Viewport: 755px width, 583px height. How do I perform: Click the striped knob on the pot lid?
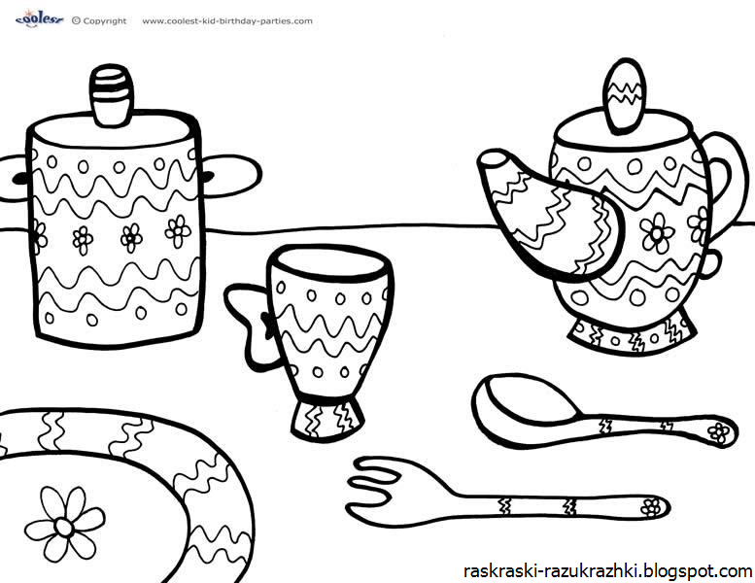(112, 95)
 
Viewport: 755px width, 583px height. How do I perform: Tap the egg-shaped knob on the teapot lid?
(624, 96)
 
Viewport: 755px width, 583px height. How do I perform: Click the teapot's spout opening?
(493, 159)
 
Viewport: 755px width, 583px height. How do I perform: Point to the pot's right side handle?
(233, 176)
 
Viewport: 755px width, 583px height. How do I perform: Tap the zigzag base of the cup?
(327, 418)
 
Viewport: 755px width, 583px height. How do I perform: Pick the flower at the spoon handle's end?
(718, 432)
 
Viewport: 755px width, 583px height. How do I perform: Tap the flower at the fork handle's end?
(651, 506)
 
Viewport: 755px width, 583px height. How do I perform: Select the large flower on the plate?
(64, 524)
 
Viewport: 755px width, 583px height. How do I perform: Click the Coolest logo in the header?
(39, 18)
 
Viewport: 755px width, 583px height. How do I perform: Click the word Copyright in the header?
(105, 21)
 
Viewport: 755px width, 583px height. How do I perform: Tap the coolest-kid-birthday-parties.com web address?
(227, 21)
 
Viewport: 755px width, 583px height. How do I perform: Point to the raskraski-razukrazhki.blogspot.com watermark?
(607, 571)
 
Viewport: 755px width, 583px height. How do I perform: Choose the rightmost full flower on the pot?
(178, 231)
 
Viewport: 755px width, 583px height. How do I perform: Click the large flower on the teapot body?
(657, 233)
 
